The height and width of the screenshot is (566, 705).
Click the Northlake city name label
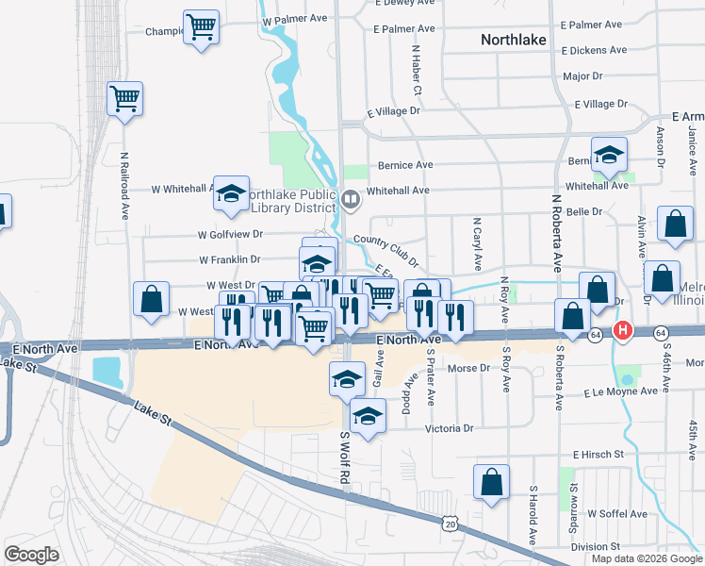coord(521,40)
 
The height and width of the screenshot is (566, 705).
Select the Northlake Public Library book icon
coord(350,198)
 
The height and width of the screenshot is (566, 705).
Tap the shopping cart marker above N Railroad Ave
coord(124,98)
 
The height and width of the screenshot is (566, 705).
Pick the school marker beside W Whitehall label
coord(231,193)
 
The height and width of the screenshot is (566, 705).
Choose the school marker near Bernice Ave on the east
coord(610,155)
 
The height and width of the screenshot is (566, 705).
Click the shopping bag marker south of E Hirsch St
coord(491,482)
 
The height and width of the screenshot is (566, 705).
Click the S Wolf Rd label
coord(345,459)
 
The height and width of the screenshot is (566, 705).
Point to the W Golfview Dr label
coord(230,234)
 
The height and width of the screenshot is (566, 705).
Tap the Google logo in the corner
coord(32,555)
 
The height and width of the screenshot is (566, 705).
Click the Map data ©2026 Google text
coord(647,558)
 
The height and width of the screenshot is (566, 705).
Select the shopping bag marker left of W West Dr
coord(151,298)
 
